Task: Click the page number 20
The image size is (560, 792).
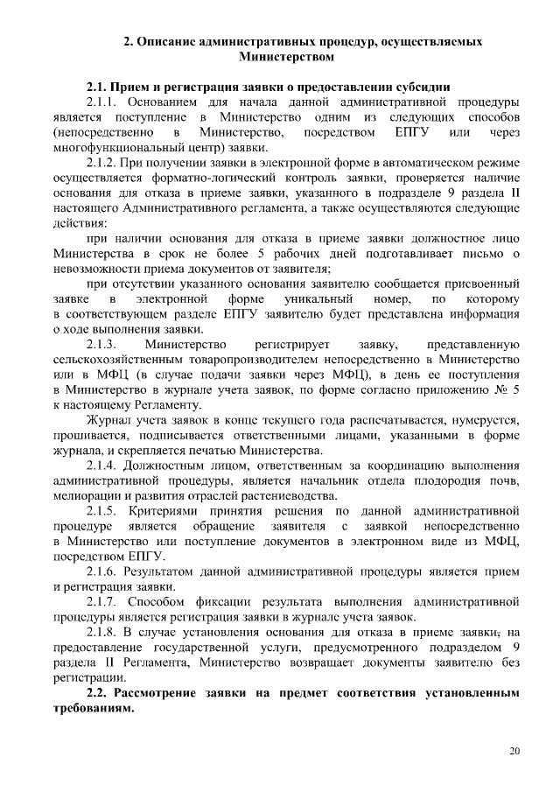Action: click(514, 751)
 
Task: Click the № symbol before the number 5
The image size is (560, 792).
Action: click(497, 391)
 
